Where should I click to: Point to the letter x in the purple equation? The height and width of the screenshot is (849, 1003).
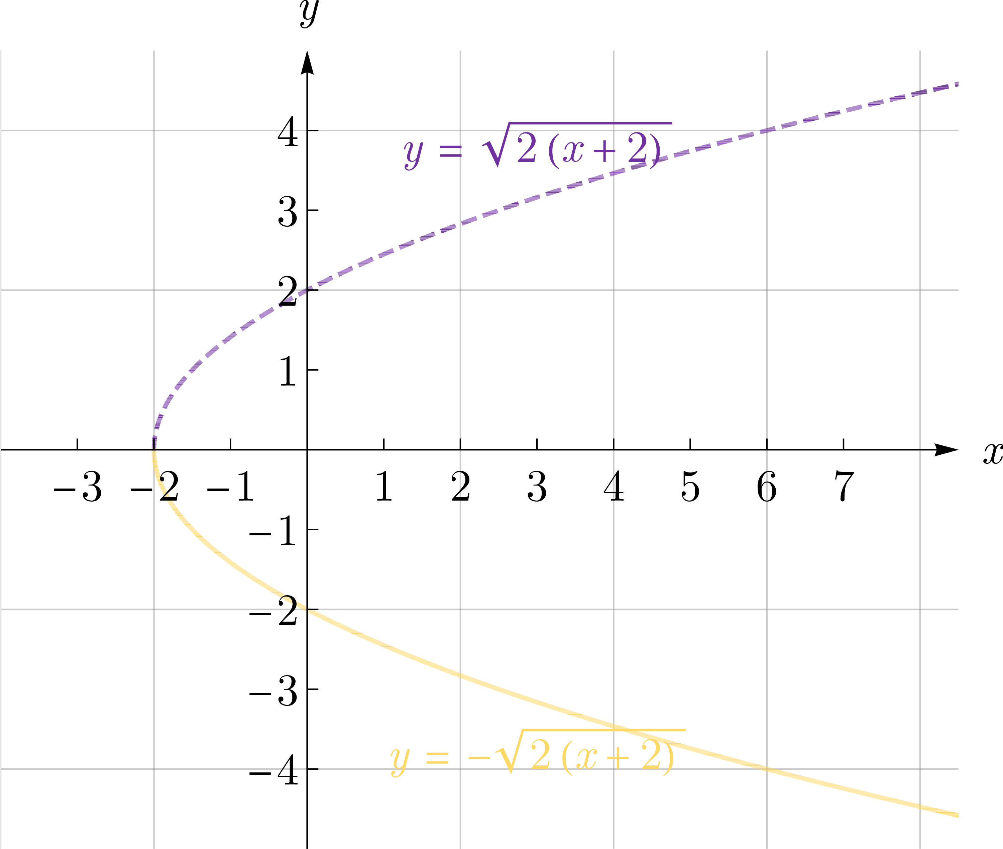pos(573,151)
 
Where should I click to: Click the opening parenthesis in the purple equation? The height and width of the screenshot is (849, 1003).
pos(553,151)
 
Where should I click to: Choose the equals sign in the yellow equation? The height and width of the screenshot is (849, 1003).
pos(437,758)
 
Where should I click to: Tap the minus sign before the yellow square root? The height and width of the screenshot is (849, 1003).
pos(478,758)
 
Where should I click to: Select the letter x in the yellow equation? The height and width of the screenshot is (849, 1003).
pos(586,758)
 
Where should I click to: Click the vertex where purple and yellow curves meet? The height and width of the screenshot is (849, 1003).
pos(154,449)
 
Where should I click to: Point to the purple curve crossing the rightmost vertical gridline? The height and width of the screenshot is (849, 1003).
pos(920,93)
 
